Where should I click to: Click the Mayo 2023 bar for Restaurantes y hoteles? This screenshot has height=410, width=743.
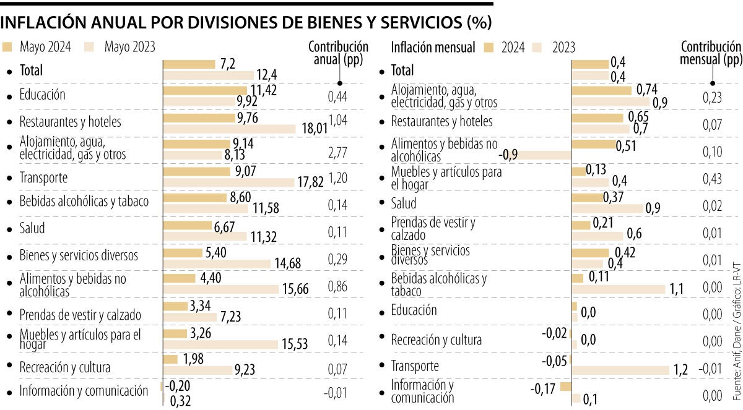pyautogui.click(x=229, y=129)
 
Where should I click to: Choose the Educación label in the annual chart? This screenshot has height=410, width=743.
pyautogui.click(x=42, y=95)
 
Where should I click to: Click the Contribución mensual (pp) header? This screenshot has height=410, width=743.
pyautogui.click(x=710, y=53)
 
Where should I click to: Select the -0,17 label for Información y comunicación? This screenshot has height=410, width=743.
pyautogui.click(x=544, y=391)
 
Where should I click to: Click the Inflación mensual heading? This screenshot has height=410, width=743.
pyautogui.click(x=433, y=47)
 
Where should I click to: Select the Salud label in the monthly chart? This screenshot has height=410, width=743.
pyautogui.click(x=404, y=203)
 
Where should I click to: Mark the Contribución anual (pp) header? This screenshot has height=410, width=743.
pyautogui.click(x=338, y=53)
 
